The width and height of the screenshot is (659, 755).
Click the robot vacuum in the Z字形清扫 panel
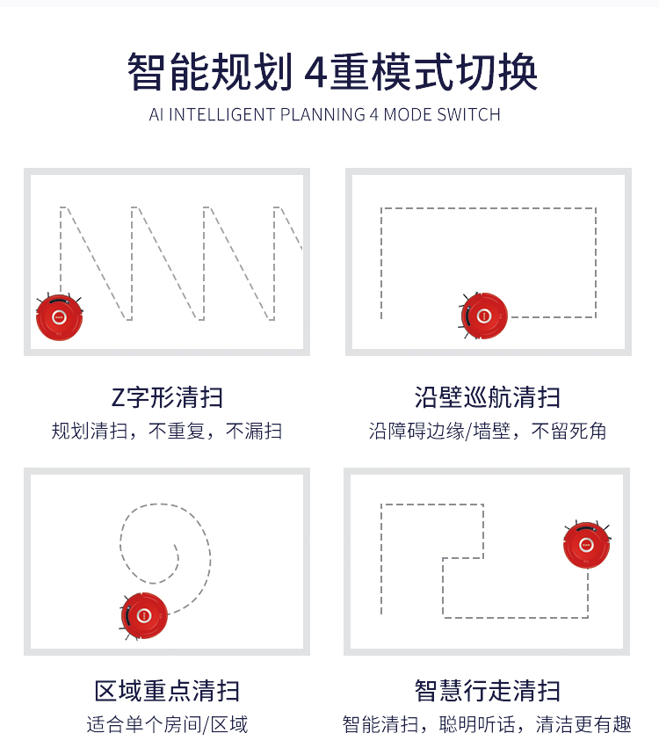click(59, 316)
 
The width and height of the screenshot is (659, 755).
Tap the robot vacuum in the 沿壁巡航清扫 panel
click(484, 316)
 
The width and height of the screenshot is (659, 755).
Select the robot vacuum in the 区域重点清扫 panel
click(144, 615)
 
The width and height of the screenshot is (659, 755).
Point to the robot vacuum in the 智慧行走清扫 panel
click(586, 545)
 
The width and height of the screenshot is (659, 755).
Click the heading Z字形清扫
click(167, 398)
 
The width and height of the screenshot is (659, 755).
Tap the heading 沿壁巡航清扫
click(487, 398)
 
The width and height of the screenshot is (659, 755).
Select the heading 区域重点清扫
click(167, 691)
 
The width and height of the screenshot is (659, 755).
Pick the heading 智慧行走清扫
click(487, 691)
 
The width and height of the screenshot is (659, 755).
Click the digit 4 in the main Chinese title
click(316, 72)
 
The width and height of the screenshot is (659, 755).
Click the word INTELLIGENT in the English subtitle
click(222, 114)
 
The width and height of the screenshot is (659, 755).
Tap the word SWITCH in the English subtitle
click(469, 114)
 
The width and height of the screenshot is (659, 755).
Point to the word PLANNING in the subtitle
click(322, 114)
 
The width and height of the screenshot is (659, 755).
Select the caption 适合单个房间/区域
click(167, 724)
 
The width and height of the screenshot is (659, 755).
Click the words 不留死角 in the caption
click(569, 431)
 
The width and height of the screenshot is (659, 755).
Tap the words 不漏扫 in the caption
click(254, 431)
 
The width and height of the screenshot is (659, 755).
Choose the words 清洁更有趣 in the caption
click(583, 724)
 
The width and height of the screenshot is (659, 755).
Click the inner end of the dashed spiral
click(175, 546)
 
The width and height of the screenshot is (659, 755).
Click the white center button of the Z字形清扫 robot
click(59, 316)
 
